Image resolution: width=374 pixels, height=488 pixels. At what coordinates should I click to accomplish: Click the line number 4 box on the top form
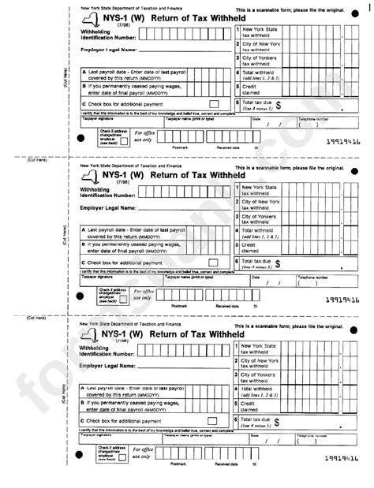point(237,75)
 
